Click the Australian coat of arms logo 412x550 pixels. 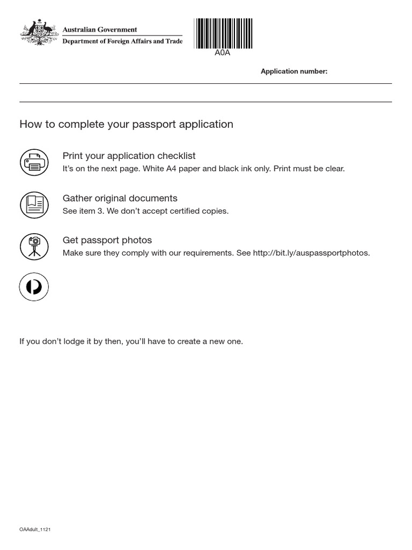point(39,33)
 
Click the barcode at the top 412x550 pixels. point(223,33)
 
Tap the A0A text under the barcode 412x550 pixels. point(223,53)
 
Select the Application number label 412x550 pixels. point(293,71)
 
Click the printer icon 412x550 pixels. point(34,162)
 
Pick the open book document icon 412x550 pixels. point(34,205)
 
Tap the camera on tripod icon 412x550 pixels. point(34,247)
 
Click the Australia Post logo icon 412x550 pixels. point(34,287)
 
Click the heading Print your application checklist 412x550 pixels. point(129,156)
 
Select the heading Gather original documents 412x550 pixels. point(120,198)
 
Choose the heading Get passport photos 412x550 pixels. point(107,240)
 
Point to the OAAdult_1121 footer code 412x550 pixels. point(35,530)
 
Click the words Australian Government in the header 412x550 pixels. point(100,30)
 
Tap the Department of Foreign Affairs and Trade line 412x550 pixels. point(122,41)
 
